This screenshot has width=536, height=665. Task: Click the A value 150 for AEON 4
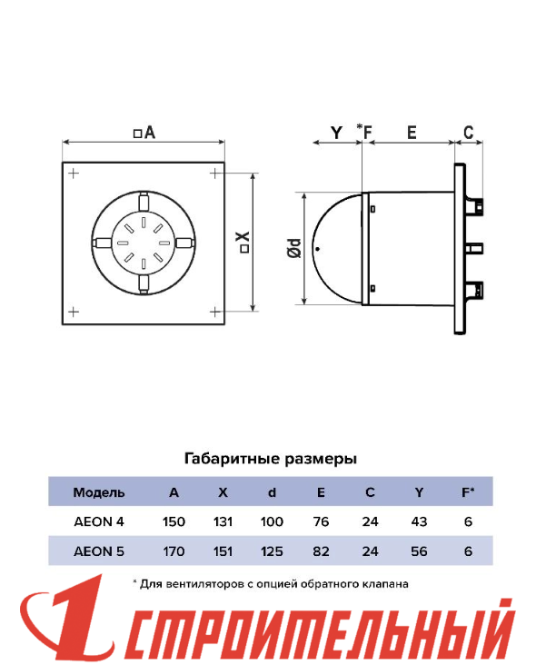(174, 521)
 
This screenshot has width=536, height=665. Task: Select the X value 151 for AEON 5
(223, 551)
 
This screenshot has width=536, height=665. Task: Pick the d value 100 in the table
(272, 521)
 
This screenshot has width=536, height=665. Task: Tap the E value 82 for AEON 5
(321, 551)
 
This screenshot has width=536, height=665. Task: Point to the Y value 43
(419, 521)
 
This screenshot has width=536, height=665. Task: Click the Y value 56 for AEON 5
(419, 551)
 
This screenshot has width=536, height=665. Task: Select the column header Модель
(99, 492)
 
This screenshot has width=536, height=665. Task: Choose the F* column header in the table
(468, 492)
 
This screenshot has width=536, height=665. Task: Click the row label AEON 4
(99, 521)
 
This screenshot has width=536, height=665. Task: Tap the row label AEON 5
(99, 551)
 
